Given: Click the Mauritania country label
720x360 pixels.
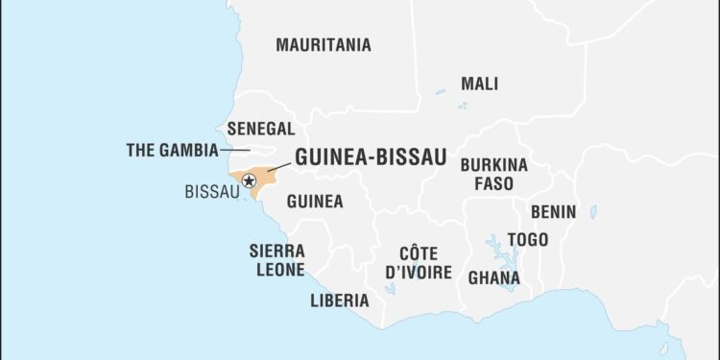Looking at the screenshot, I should pyautogui.click(x=323, y=44).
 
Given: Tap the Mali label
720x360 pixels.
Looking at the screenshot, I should pyautogui.click(x=479, y=84).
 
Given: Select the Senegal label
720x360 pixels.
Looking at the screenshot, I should pyautogui.click(x=260, y=128).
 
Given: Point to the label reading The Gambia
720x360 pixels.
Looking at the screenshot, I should pyautogui.click(x=170, y=150).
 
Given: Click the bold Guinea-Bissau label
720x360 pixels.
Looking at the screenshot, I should pyautogui.click(x=371, y=157).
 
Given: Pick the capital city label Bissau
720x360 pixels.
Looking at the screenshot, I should pyautogui.click(x=211, y=191).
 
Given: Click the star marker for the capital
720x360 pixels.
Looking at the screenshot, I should pyautogui.click(x=249, y=180).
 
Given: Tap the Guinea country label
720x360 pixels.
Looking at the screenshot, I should pyautogui.click(x=315, y=202).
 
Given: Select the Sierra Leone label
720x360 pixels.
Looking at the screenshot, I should pyautogui.click(x=276, y=259).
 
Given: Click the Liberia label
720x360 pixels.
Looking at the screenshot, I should pyautogui.click(x=339, y=300).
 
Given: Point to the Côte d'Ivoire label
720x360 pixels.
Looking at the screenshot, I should pyautogui.click(x=418, y=262).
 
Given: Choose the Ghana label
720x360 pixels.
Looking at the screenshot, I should pyautogui.click(x=493, y=278).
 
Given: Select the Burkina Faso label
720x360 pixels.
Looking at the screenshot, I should pyautogui.click(x=493, y=173).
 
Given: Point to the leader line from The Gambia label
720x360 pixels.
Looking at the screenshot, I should pyautogui.click(x=235, y=150).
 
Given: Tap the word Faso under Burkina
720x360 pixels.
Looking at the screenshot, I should pyautogui.click(x=493, y=182).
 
